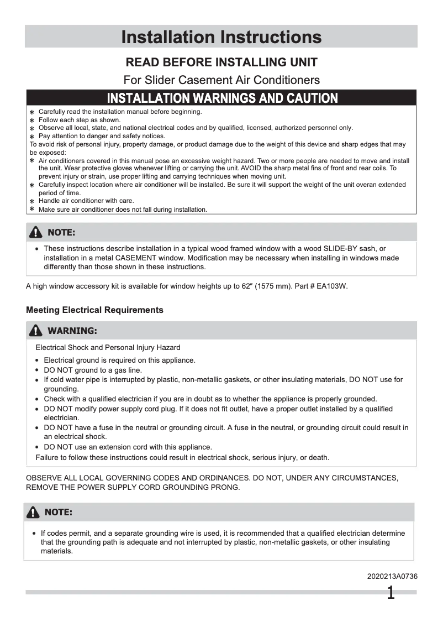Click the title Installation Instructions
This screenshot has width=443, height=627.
221,37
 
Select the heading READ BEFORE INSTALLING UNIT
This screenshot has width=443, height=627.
221,62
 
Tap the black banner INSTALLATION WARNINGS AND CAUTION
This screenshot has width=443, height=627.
222,98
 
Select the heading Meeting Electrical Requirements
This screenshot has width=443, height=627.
94,310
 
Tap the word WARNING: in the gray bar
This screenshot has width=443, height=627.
72,331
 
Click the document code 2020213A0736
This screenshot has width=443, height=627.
392,576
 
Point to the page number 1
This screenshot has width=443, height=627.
391,593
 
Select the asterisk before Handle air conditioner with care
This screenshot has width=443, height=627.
32,201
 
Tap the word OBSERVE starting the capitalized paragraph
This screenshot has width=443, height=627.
45,477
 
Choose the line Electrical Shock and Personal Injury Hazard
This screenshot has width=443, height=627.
108,348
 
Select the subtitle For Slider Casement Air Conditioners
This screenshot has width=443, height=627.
221,80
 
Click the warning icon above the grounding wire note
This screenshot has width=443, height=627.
34,512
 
